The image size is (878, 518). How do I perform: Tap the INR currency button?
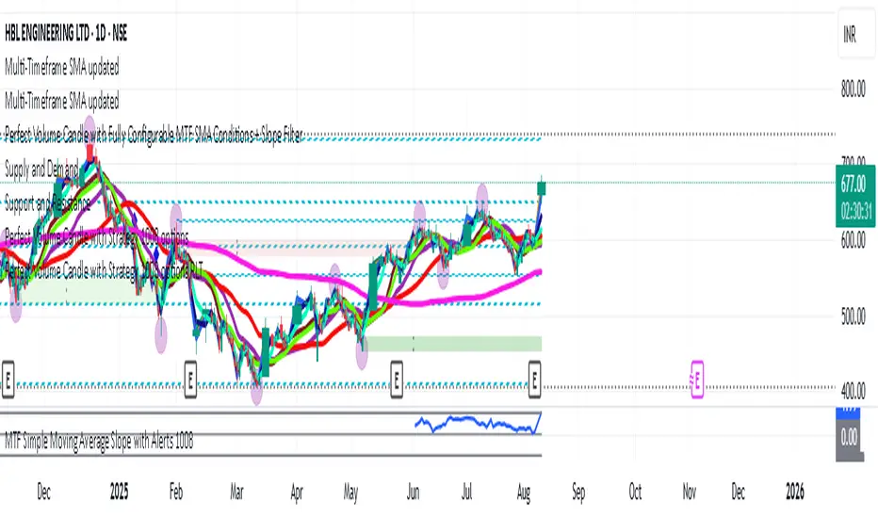pos(851,40)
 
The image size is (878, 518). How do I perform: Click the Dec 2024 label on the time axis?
pos(41,490)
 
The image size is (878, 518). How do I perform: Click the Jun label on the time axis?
pos(411,490)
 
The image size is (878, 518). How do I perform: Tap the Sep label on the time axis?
pos(577,490)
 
